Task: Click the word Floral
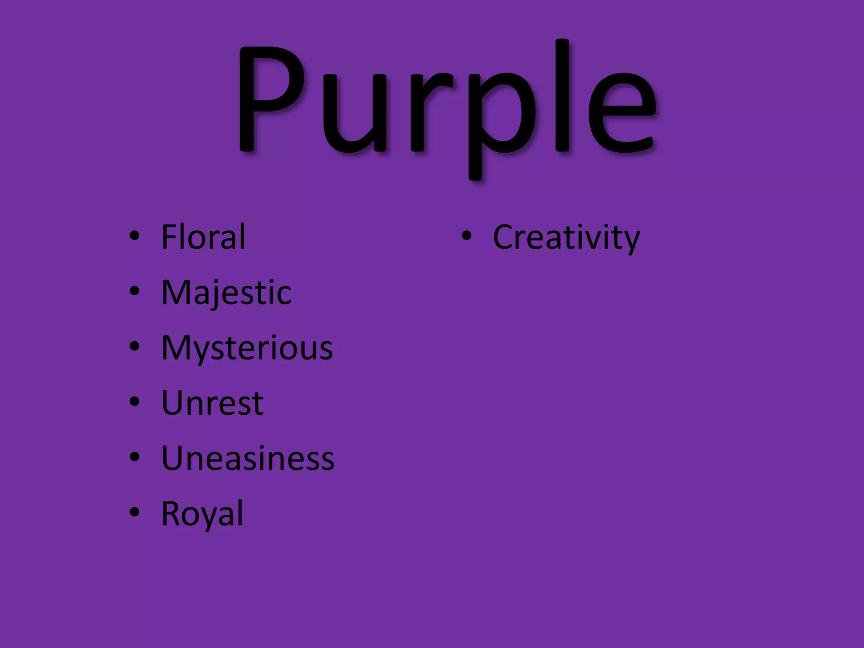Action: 203,237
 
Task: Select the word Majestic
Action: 226,292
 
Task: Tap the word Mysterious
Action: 247,348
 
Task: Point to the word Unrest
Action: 213,403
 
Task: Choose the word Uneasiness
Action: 248,459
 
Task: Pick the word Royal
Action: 202,514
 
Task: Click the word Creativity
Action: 566,237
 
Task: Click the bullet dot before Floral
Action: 134,236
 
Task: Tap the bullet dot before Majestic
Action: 134,291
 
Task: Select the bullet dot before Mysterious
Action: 134,347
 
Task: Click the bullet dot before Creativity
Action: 466,236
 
